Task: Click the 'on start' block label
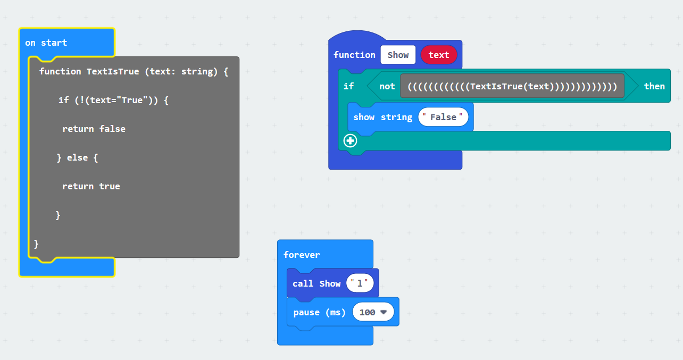[46, 43]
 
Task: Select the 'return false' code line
[94, 129]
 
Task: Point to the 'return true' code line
[91, 186]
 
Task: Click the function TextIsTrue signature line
[134, 71]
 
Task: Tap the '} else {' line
[77, 157]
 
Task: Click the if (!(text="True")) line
[113, 100]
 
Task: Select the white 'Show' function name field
[398, 55]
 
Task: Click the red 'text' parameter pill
[439, 55]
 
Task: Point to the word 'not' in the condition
[387, 86]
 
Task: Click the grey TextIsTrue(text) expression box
[512, 86]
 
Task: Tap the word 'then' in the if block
[654, 86]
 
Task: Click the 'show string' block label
[383, 117]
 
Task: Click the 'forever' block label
[302, 255]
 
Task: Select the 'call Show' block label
[316, 283]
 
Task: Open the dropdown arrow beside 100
[383, 312]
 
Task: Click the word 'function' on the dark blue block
[354, 55]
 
